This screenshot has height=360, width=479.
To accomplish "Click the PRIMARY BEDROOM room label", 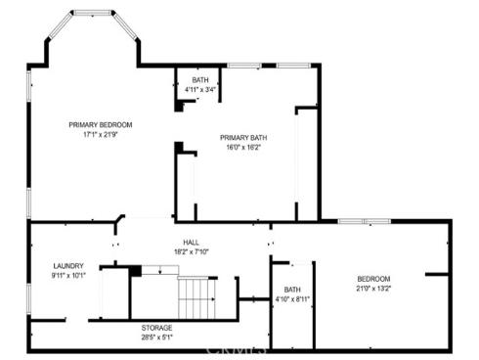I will click(x=100, y=124).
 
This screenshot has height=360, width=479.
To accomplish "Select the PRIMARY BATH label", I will click(x=242, y=138).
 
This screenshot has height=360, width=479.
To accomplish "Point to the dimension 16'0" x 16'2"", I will click(x=242, y=148).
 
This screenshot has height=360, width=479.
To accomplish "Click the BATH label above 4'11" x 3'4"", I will click(x=200, y=80).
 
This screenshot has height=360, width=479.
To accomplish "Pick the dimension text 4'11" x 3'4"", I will click(x=200, y=90).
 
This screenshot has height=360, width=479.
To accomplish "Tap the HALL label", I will click(x=191, y=242).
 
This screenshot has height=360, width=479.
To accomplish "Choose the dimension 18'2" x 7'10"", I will click(x=191, y=251).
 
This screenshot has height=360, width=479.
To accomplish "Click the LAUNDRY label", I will click(x=68, y=266).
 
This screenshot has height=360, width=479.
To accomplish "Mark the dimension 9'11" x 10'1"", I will click(x=68, y=276).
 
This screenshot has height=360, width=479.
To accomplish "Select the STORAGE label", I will click(x=157, y=327).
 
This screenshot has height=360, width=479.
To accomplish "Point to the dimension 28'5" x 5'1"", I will click(x=157, y=337).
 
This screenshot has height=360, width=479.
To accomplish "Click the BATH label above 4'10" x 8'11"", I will click(x=292, y=290).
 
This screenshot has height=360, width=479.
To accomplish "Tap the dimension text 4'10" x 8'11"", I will click(x=292, y=299).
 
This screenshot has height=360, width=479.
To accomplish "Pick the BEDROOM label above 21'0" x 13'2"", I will click(x=373, y=279).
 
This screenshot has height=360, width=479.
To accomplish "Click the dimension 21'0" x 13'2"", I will click(x=373, y=289).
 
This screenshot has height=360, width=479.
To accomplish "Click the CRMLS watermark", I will click(x=239, y=346).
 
